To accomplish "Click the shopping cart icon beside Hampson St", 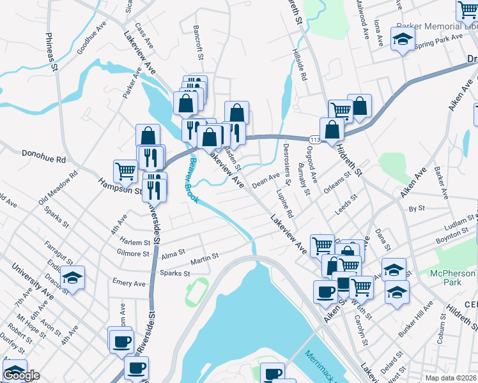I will click(x=125, y=170).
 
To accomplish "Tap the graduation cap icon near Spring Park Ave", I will click(x=403, y=40).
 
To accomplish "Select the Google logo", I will click(x=22, y=375).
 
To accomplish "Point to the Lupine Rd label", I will click(x=284, y=202).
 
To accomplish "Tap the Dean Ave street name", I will click(x=266, y=181).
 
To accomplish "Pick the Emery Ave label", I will click(x=129, y=283).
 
